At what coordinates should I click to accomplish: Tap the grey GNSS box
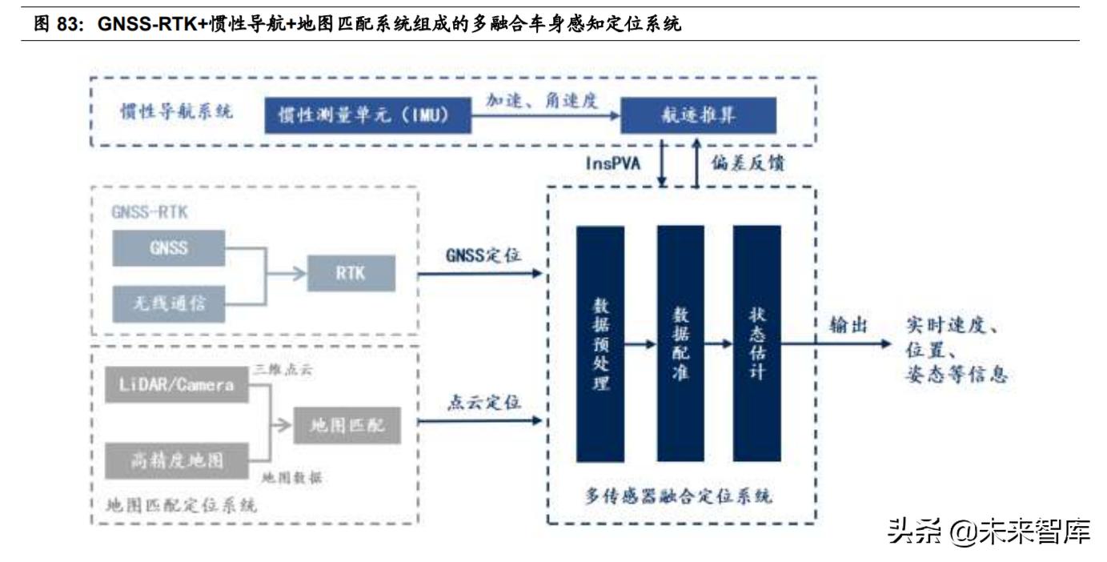click(x=169, y=248)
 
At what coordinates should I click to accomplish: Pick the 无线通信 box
click(x=169, y=303)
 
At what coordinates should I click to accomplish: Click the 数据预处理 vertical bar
click(x=600, y=344)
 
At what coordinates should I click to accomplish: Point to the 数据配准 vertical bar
click(x=680, y=344)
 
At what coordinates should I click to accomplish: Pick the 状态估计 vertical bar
click(x=756, y=344)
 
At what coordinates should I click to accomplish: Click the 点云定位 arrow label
click(x=483, y=402)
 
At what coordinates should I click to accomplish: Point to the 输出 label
click(x=850, y=325)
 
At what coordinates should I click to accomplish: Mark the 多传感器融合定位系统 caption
click(x=679, y=496)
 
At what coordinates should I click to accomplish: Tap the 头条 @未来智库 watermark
click(x=988, y=531)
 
